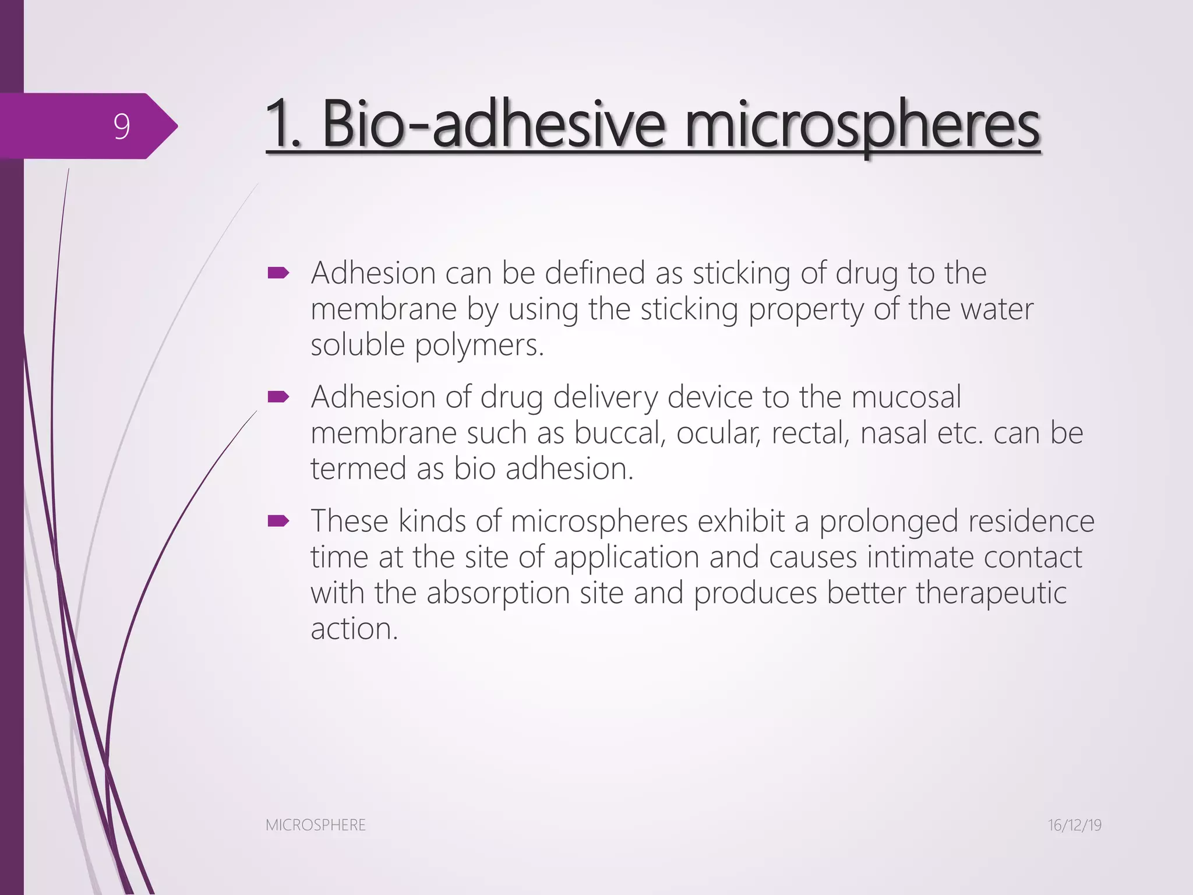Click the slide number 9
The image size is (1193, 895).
(121, 126)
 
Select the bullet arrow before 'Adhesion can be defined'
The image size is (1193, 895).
(278, 273)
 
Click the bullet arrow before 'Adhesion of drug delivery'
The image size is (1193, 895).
(278, 397)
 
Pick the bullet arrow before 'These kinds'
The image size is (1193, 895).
(278, 521)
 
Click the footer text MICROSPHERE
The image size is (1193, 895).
(315, 825)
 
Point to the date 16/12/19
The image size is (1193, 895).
(1074, 825)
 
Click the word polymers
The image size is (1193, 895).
(479, 346)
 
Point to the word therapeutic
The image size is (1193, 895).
(991, 593)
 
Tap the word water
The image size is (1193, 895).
(997, 309)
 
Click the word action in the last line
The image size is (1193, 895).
(354, 629)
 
